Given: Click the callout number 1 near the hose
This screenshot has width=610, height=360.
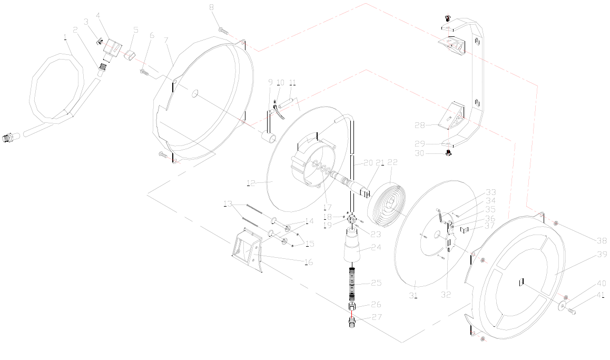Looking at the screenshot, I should pos(65,37).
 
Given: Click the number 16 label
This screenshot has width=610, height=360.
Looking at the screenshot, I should pos(309,262).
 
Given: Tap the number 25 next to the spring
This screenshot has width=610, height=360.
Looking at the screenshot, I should pos(376,284).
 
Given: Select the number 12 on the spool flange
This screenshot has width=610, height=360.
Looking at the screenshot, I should pos(251,183).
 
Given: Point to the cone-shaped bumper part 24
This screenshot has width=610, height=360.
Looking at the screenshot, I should pos(352,249).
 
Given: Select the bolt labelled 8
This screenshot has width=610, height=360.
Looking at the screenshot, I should pos(222,31).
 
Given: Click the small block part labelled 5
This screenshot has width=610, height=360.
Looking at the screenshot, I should pos(131,55).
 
